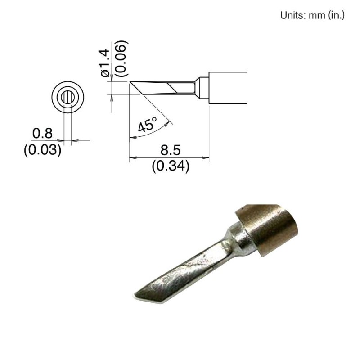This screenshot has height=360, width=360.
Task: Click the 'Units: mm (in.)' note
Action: [x=312, y=15]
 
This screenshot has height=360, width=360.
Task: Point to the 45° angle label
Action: [x=147, y=124]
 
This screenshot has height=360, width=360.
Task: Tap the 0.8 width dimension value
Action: [x=42, y=133]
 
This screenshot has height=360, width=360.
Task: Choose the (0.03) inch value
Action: [x=42, y=149]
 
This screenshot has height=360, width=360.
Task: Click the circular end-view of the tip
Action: [x=68, y=97]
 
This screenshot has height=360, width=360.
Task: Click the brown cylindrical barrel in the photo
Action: [x=270, y=227]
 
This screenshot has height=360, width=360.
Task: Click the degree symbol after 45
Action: [x=154, y=119]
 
